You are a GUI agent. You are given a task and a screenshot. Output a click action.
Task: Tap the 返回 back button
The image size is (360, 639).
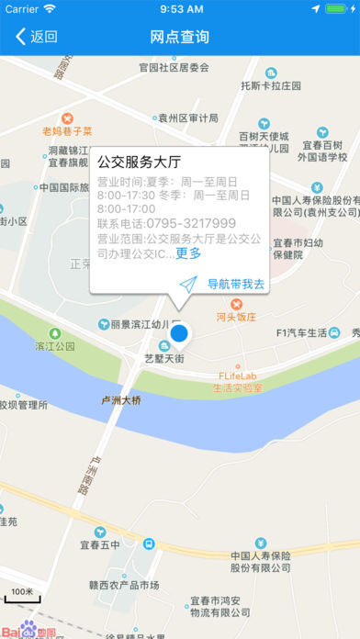pos(37,37)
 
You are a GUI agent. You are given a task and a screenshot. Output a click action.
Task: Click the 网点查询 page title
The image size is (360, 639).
pos(180,37)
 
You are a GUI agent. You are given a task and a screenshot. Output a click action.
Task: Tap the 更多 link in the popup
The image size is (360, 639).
pos(188,253)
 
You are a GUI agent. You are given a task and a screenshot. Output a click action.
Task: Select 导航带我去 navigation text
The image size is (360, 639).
pos(236,285)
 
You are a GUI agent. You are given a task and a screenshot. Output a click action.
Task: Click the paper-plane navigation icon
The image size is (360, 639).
pos(188,285)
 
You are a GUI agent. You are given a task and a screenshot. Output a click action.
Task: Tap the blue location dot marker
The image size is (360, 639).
pos(180,333)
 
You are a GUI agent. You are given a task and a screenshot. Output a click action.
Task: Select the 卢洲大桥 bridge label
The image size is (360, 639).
pos(121,399)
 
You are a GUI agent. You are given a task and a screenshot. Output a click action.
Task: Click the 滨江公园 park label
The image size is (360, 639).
pos(54,346)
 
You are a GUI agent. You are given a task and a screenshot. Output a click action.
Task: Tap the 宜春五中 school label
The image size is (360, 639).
pos(98,546)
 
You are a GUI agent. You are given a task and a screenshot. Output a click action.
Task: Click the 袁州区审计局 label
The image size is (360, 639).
pos(187,118)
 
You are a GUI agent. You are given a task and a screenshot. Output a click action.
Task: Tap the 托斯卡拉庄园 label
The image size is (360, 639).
pos(271,84)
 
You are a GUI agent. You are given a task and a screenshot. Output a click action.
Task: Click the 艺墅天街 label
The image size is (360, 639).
pos(164,358)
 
